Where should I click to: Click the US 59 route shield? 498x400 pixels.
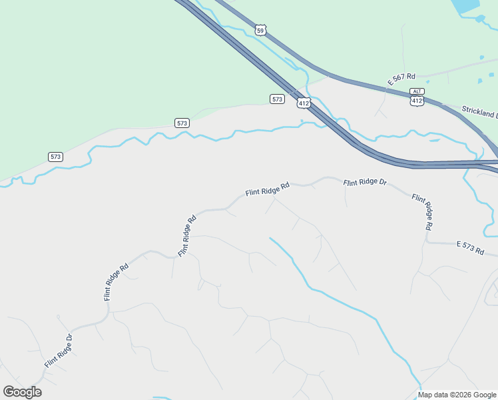pyautogui.click(x=261, y=30)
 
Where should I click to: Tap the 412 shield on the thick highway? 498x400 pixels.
pyautogui.click(x=304, y=103)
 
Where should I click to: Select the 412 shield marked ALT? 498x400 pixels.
pyautogui.click(x=417, y=101)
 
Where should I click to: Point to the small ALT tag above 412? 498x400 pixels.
pyautogui.click(x=417, y=91)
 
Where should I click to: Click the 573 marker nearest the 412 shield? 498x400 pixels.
pyautogui.click(x=278, y=99)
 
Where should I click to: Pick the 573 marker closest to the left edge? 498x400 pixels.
pyautogui.click(x=56, y=157)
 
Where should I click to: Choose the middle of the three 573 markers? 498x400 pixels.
pyautogui.click(x=182, y=123)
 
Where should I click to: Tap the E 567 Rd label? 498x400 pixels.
pyautogui.click(x=401, y=79)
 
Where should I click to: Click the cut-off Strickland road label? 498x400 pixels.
pyautogui.click(x=479, y=111)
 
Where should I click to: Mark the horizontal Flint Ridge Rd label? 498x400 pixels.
pyautogui.click(x=268, y=190)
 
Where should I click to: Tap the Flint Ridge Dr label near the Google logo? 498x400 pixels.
pyautogui.click(x=58, y=351)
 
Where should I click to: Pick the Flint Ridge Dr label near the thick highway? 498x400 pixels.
pyautogui.click(x=365, y=182)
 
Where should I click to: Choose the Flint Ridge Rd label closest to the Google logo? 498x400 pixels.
pyautogui.click(x=116, y=283)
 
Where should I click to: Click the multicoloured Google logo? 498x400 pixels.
pyautogui.click(x=22, y=392)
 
